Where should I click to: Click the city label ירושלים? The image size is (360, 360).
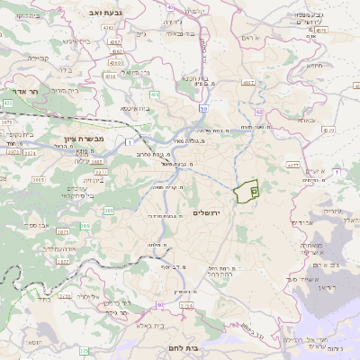pos(207,211)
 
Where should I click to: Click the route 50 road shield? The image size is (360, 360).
pos(204,109)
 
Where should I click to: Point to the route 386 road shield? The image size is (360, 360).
pos(109,211)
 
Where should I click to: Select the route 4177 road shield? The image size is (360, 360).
pos(292,166)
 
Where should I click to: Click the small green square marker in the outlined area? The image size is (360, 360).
pos(255,191)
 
